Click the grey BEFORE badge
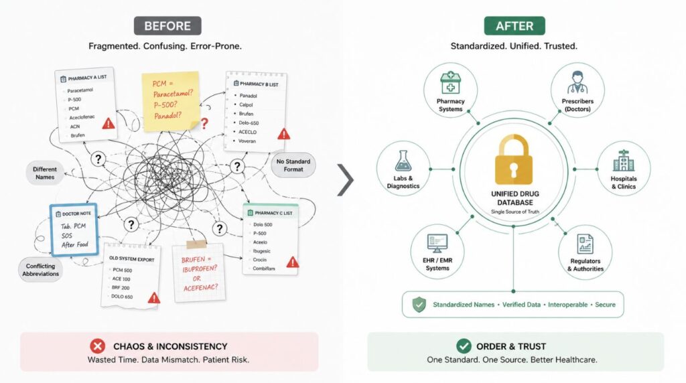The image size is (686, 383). [167, 26]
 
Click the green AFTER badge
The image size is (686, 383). [514, 26]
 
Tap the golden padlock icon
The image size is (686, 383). [514, 160]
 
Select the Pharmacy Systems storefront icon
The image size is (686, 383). [450, 83]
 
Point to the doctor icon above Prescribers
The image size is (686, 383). [577, 82]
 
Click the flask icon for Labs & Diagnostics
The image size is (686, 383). [403, 161]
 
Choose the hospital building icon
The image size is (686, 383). [624, 161]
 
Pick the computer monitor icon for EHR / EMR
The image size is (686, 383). [437, 243]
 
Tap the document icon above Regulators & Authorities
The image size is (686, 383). [585, 244]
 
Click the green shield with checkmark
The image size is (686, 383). [419, 304]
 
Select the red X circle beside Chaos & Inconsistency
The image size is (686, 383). [98, 346]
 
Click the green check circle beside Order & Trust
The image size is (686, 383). [464, 346]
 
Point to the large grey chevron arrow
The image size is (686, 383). [346, 179]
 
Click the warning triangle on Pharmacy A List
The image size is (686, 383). [109, 123]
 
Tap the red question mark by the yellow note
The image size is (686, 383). [204, 124]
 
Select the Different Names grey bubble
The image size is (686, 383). [45, 173]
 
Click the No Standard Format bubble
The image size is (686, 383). [293, 165]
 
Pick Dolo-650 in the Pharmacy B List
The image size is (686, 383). [249, 123]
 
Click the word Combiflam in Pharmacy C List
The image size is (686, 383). [264, 269]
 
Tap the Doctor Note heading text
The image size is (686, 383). [76, 214]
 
